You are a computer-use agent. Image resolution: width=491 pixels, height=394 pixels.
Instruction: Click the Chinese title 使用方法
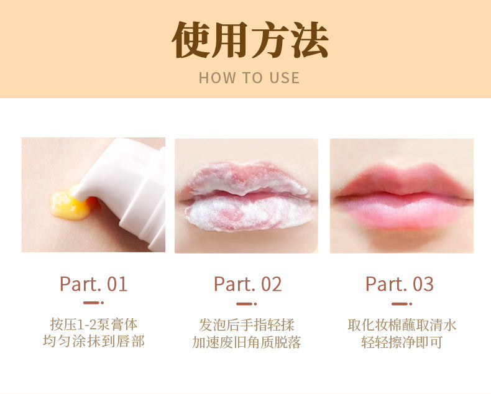pos(250,40)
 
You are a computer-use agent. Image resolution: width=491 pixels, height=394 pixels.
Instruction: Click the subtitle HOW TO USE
pos(249,78)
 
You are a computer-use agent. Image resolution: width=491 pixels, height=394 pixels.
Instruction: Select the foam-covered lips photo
pos(247,196)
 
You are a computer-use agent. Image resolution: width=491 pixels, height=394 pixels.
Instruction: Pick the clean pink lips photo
pos(402,196)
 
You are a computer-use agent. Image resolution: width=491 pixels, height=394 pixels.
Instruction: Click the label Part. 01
pos(93,284)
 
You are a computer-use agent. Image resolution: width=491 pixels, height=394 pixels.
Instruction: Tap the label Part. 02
pos(248,284)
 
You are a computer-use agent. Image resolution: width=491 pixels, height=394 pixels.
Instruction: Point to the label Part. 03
pos(400,284)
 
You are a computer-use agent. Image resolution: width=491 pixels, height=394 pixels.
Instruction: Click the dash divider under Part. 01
pos(93,303)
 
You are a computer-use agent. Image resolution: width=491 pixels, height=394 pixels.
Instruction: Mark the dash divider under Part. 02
pos(247,304)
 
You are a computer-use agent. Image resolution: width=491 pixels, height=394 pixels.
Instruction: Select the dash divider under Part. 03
pos(402,304)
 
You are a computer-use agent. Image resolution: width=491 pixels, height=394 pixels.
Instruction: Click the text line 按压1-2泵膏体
pos(94,324)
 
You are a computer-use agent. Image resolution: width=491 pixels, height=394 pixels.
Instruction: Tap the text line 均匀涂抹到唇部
pos(94,341)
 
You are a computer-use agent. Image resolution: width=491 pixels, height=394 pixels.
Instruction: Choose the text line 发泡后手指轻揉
pos(247,325)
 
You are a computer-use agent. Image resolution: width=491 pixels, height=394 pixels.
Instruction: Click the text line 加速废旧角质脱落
pos(247,342)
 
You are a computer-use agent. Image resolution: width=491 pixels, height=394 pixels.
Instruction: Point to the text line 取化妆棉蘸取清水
pos(402,325)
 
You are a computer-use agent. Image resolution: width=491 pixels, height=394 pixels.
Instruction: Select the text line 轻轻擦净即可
pos(402,342)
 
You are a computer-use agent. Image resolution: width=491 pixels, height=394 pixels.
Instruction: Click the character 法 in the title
pos(310,40)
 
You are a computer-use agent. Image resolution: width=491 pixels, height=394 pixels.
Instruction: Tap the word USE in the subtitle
pos(284,78)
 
